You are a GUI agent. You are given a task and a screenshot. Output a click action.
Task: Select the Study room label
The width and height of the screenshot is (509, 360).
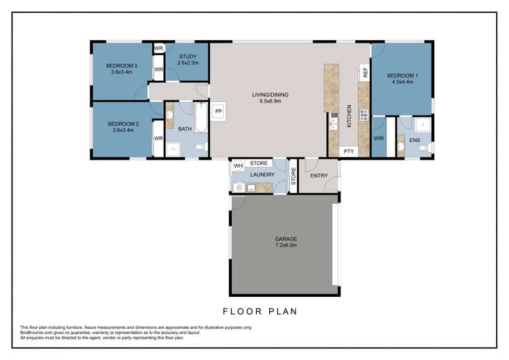pyautogui.click(x=187, y=56)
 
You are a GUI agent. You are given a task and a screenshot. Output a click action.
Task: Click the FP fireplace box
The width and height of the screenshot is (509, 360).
pyautogui.click(x=219, y=111)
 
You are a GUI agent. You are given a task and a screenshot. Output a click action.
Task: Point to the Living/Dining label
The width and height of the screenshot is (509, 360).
pyautogui.click(x=270, y=95)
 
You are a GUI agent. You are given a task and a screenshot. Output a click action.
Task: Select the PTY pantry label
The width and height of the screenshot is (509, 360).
pyautogui.click(x=349, y=151)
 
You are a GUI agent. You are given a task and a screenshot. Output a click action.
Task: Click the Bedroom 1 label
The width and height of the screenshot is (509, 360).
pyautogui.click(x=402, y=75)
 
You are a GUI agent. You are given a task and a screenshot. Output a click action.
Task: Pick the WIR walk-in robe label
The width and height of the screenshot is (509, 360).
pyautogui.click(x=379, y=139)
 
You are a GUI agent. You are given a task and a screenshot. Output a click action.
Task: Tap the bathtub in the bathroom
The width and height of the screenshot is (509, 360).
pyautogui.click(x=200, y=117)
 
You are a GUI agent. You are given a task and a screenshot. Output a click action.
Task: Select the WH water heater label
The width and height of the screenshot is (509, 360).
pyautogui.click(x=238, y=164)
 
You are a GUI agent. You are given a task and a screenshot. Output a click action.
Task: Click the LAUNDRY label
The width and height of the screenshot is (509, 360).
pyautogui.click(x=262, y=175)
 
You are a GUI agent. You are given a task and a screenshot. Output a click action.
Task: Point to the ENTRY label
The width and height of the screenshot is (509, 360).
pyautogui.click(x=319, y=176)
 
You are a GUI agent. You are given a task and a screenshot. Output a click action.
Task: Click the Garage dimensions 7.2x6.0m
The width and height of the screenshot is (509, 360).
pyautogui.click(x=285, y=246)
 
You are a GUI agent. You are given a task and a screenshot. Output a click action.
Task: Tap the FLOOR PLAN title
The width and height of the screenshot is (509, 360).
pyautogui.click(x=260, y=312)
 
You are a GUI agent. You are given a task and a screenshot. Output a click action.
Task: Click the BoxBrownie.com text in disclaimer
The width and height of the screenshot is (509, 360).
pyautogui.click(x=37, y=332)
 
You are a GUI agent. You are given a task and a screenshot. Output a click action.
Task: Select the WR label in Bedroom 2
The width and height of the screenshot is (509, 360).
pyautogui.click(x=158, y=139)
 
